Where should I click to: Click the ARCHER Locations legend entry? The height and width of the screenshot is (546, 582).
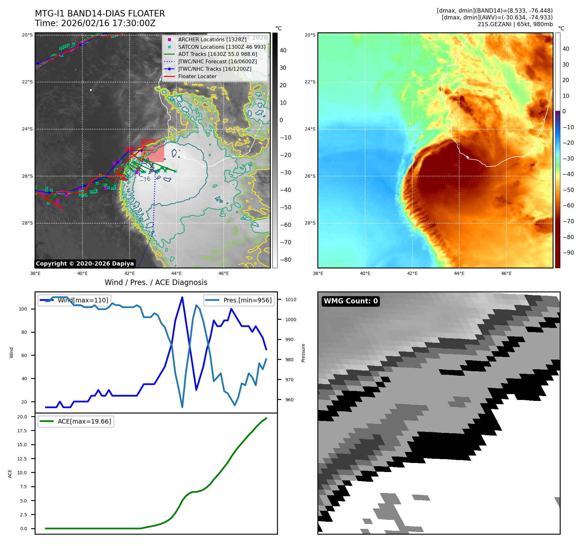click(212, 39)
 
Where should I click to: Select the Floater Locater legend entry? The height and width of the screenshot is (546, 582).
click(197, 76)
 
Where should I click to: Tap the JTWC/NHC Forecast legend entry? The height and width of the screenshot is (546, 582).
click(217, 61)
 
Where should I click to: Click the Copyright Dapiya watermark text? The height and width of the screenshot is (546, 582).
click(85, 264)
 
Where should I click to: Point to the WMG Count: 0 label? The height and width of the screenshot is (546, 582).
click(351, 301)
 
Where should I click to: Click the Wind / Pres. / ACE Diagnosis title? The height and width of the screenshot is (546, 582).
click(156, 282)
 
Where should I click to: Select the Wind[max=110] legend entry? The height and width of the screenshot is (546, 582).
click(83, 300)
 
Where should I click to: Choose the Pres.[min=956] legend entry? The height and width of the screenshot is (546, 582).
click(247, 300)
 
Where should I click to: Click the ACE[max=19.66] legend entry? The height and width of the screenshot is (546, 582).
click(84, 421)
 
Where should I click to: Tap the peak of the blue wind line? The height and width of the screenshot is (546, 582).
click(182, 297)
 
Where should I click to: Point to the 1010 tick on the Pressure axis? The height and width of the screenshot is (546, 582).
click(291, 299)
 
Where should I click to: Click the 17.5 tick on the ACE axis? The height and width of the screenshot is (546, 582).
click(22, 431)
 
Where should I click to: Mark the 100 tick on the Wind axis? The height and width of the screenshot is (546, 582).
click(23, 309)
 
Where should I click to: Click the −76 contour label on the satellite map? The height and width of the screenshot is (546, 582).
click(145, 179)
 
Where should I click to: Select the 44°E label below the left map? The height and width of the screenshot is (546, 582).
click(176, 273)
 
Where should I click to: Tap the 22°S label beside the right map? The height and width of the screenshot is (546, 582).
click(310, 82)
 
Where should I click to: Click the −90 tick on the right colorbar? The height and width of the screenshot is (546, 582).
click(568, 253)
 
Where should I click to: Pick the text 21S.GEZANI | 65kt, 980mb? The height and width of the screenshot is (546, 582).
click(515, 24)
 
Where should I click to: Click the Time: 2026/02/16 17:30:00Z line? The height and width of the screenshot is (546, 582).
click(95, 23)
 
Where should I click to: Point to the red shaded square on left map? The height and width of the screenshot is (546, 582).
click(152, 150)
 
